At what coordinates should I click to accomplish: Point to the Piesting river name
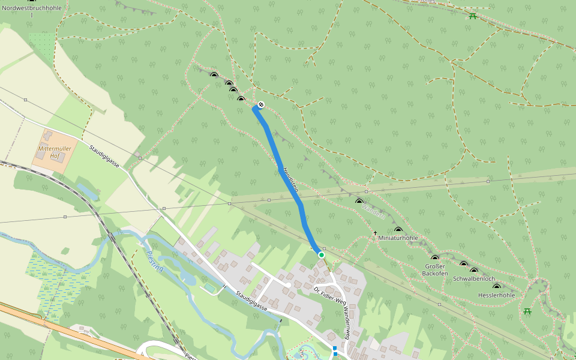155,262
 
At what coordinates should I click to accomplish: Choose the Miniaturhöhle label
398,238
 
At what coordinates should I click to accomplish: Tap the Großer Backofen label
435,269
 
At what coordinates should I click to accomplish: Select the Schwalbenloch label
474,279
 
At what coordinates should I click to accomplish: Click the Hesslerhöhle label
497,295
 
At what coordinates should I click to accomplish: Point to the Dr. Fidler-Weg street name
330,295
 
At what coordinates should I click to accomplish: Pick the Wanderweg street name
347,322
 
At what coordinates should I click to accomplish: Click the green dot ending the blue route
322,255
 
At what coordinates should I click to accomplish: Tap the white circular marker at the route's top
260,105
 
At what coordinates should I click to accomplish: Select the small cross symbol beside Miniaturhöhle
375,233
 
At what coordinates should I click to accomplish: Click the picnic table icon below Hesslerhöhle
527,311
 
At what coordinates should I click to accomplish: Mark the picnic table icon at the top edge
473,16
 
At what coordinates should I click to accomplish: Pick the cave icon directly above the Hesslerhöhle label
496,287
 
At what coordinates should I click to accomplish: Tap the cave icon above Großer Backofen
435,258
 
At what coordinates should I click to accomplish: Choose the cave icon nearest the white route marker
241,99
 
